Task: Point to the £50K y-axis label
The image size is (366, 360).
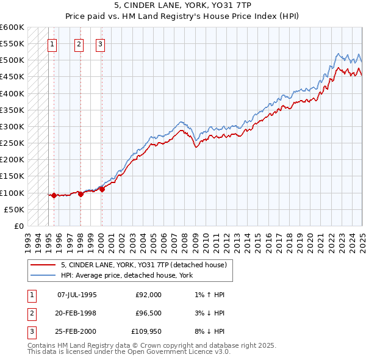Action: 14,209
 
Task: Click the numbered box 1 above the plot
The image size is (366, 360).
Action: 52,43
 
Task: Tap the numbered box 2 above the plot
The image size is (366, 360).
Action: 79,43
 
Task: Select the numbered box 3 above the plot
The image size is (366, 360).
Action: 100,43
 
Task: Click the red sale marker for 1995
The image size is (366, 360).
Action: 54,195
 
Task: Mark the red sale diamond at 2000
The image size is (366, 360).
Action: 102,189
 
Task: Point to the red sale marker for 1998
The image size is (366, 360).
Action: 81,194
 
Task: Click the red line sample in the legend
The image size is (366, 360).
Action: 43,265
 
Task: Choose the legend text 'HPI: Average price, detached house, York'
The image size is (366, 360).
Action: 126,275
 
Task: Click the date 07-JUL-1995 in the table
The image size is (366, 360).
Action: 76,295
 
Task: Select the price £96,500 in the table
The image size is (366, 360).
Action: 148,314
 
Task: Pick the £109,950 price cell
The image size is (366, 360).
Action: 145,333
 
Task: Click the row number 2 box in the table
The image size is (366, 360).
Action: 31,314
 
